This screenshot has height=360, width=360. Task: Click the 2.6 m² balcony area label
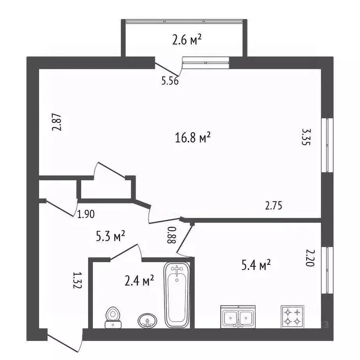tap(187, 41)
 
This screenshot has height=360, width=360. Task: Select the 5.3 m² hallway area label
tap(111, 236)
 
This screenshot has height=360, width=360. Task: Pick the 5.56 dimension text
tap(170, 81)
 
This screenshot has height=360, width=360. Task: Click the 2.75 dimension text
tap(274, 205)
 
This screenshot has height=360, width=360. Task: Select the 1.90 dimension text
tap(86, 215)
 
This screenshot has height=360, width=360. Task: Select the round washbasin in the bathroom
tap(147, 320)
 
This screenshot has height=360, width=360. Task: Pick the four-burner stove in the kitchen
tap(292, 316)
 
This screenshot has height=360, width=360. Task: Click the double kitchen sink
tap(238, 317)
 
